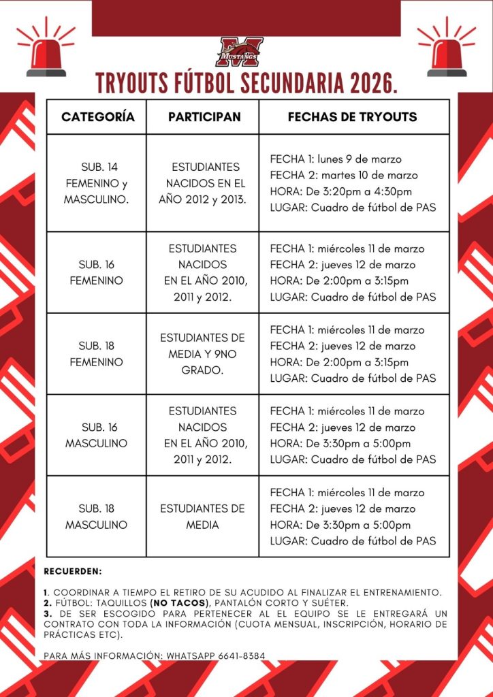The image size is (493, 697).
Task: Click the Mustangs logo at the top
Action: click(x=239, y=51)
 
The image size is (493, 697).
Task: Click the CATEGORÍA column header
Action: click(x=98, y=117)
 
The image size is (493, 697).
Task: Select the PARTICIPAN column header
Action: click(x=204, y=117)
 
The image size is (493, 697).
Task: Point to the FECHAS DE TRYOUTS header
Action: click(x=352, y=117)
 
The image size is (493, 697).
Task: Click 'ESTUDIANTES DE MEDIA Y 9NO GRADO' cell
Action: click(x=202, y=354)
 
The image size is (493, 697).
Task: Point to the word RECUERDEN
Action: click(x=73, y=570)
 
